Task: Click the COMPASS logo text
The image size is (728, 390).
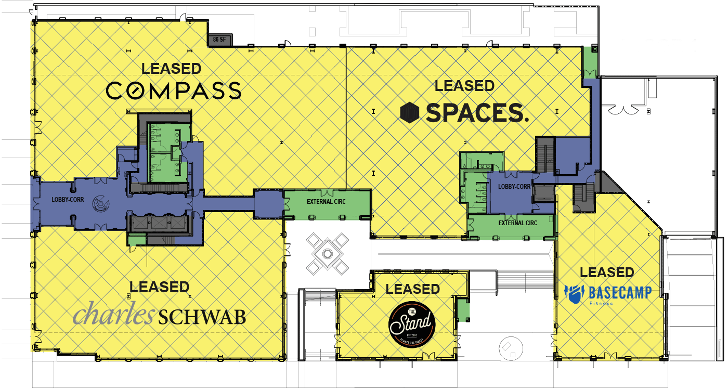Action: point(174,90)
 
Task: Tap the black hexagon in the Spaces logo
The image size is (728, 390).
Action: point(410,112)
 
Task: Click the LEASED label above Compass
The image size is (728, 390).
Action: point(171,68)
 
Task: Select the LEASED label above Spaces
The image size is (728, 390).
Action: point(464,85)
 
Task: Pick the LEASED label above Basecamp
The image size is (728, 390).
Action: point(607,272)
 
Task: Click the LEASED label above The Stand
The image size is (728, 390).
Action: point(413,289)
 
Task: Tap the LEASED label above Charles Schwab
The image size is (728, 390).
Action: point(159,287)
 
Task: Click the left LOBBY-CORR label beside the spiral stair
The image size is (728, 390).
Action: point(68,199)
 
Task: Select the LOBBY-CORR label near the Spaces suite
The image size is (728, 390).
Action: point(514,187)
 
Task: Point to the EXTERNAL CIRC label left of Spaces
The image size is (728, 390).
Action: point(326,201)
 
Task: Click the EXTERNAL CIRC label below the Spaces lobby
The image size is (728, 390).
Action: point(517,223)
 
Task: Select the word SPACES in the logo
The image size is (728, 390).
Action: point(477,112)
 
